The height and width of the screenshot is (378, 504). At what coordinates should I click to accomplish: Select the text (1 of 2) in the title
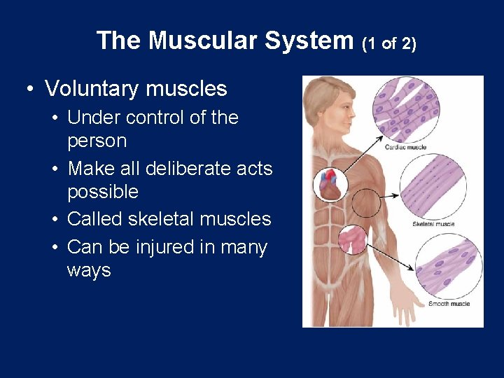coord(389,43)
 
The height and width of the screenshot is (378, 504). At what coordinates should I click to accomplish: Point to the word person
coord(97,141)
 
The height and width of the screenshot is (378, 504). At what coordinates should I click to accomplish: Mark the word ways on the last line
coord(89,270)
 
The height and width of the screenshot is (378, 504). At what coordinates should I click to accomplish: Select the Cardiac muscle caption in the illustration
coord(405,147)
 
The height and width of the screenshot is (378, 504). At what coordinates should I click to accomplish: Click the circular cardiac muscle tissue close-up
coord(406,111)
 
